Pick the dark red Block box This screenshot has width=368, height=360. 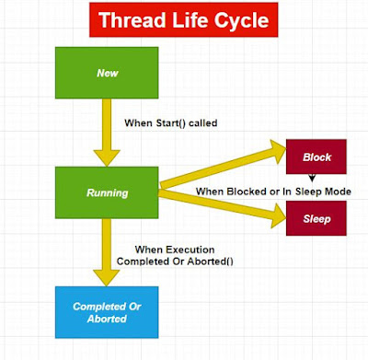[316, 157]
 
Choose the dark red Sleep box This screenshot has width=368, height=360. [316, 220]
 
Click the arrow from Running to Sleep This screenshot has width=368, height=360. [221, 204]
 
